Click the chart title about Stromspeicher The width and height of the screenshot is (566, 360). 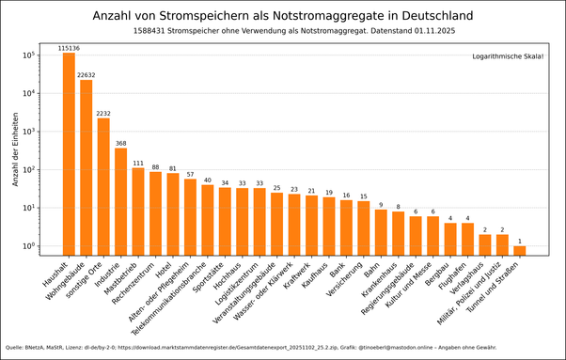(282, 16)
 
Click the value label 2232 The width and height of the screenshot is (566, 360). (103, 113)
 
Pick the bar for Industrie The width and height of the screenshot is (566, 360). (120, 201)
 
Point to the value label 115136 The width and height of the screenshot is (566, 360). (69, 48)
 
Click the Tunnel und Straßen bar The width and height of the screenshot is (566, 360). (520, 250)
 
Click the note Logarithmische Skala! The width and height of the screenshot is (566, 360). (508, 57)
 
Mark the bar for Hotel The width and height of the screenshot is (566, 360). (173, 213)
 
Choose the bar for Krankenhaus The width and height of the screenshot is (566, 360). (398, 233)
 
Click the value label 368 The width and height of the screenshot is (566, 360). (120, 143)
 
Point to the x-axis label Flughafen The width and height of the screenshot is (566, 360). (459, 274)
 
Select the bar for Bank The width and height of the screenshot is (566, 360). (346, 227)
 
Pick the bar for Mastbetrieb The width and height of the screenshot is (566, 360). (138, 211)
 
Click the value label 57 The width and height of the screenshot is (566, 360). (190, 174)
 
